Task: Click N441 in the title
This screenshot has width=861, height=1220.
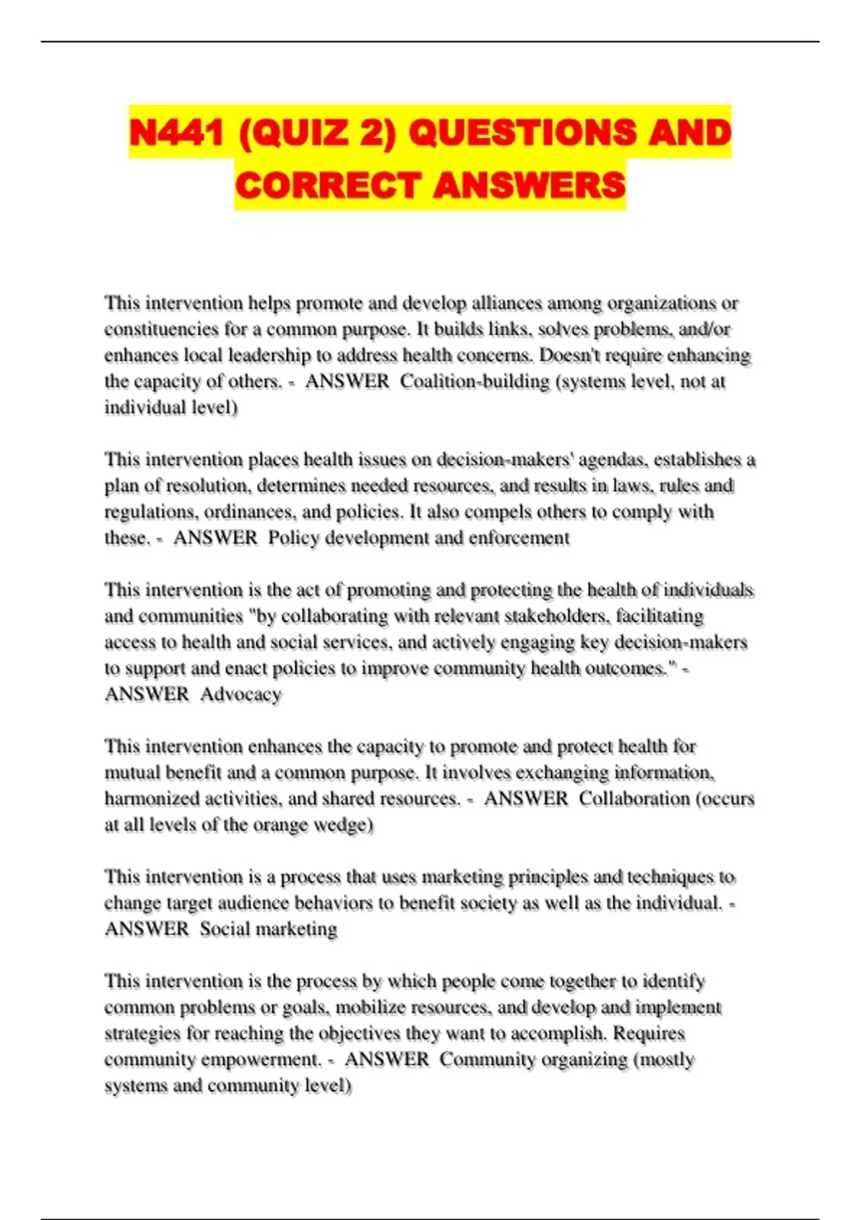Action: click(177, 133)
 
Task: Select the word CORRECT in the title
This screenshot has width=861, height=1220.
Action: click(327, 185)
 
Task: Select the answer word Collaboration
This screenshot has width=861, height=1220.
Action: click(624, 799)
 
